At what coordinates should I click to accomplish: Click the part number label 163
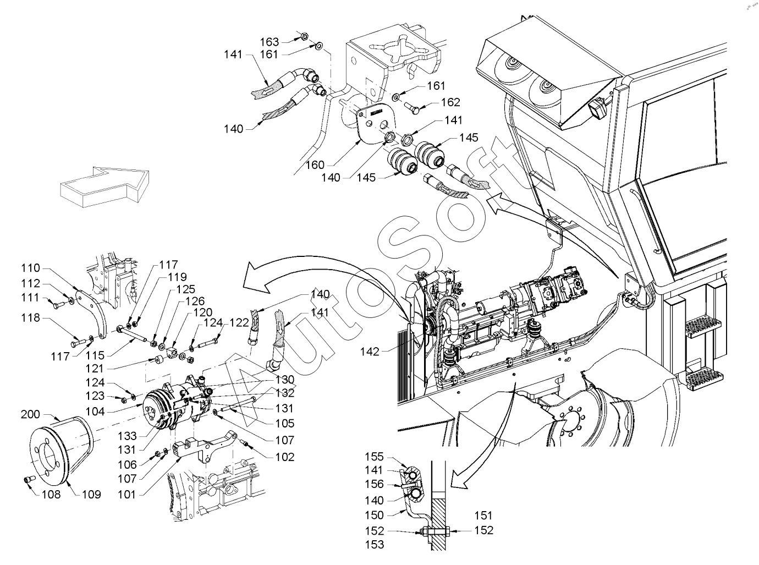click(269, 42)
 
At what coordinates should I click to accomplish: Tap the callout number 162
click(450, 102)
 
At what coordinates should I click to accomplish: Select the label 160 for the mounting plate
click(315, 164)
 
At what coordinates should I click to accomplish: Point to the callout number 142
click(370, 352)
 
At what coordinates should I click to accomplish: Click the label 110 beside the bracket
click(30, 268)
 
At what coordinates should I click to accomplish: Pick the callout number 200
click(30, 414)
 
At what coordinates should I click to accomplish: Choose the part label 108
click(51, 495)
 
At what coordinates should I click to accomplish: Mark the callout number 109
click(91, 495)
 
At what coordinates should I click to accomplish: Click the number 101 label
click(127, 495)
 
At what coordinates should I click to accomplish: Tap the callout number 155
click(374, 457)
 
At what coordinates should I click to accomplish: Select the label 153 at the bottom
click(374, 545)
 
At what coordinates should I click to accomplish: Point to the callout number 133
click(127, 436)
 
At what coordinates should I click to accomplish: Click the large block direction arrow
click(105, 186)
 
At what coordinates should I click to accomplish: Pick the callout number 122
click(239, 322)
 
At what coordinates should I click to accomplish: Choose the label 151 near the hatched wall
click(483, 515)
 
